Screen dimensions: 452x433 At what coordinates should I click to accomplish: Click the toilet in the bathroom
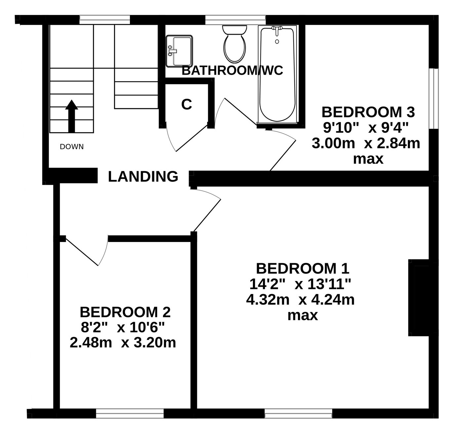pyautogui.click(x=234, y=44)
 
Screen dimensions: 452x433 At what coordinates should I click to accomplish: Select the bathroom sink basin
pyautogui.click(x=179, y=51)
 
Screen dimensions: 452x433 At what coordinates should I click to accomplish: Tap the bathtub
pyautogui.click(x=277, y=74)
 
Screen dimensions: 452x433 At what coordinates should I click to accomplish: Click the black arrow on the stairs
pyautogui.click(x=71, y=116)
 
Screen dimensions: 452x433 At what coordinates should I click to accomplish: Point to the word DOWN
pyautogui.click(x=71, y=147)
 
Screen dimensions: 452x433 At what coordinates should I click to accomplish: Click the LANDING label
pyautogui.click(x=143, y=176)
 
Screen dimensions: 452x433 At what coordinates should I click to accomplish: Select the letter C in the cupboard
pyautogui.click(x=186, y=104)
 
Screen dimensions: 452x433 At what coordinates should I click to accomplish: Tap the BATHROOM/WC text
pyautogui.click(x=232, y=71)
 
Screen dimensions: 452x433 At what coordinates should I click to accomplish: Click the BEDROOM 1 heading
pyautogui.click(x=303, y=268)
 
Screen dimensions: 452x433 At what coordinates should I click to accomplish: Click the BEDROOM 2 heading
pyautogui.click(x=125, y=312)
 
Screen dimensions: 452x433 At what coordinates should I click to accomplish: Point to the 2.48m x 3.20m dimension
pyautogui.click(x=123, y=343)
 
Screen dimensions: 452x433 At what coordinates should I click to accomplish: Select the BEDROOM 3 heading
pyautogui.click(x=368, y=112)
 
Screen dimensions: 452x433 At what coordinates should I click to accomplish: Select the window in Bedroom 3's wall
pyautogui.click(x=434, y=98)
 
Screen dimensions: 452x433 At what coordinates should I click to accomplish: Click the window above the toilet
pyautogui.click(x=235, y=20)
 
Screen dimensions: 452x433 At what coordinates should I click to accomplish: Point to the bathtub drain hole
pyautogui.click(x=277, y=42)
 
